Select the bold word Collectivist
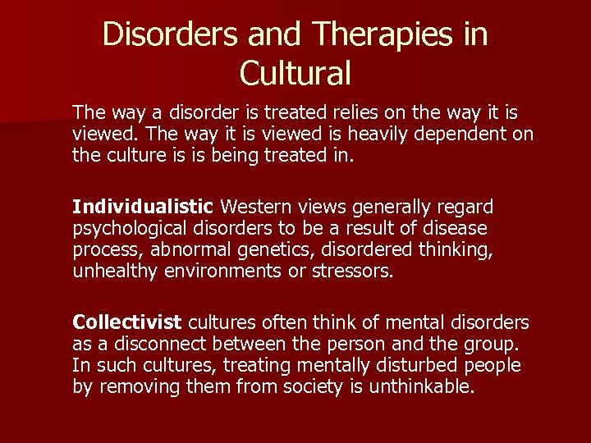[128, 322]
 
